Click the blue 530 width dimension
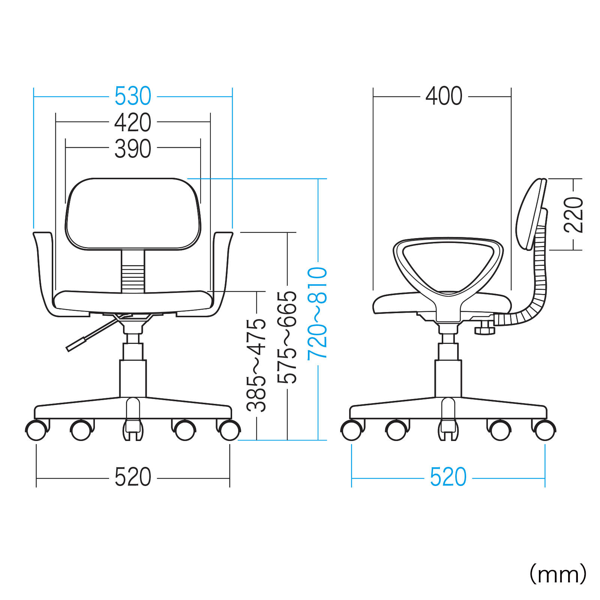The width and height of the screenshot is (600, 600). point(133,96)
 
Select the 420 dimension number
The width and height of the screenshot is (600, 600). point(133,122)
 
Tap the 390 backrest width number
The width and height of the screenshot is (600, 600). point(133,149)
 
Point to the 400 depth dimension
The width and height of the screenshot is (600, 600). point(444,96)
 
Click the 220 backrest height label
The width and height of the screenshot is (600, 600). point(573,215)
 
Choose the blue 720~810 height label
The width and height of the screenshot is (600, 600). point(317,314)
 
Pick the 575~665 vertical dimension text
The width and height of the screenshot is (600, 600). point(287,337)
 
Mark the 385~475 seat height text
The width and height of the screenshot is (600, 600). point(256,365)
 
